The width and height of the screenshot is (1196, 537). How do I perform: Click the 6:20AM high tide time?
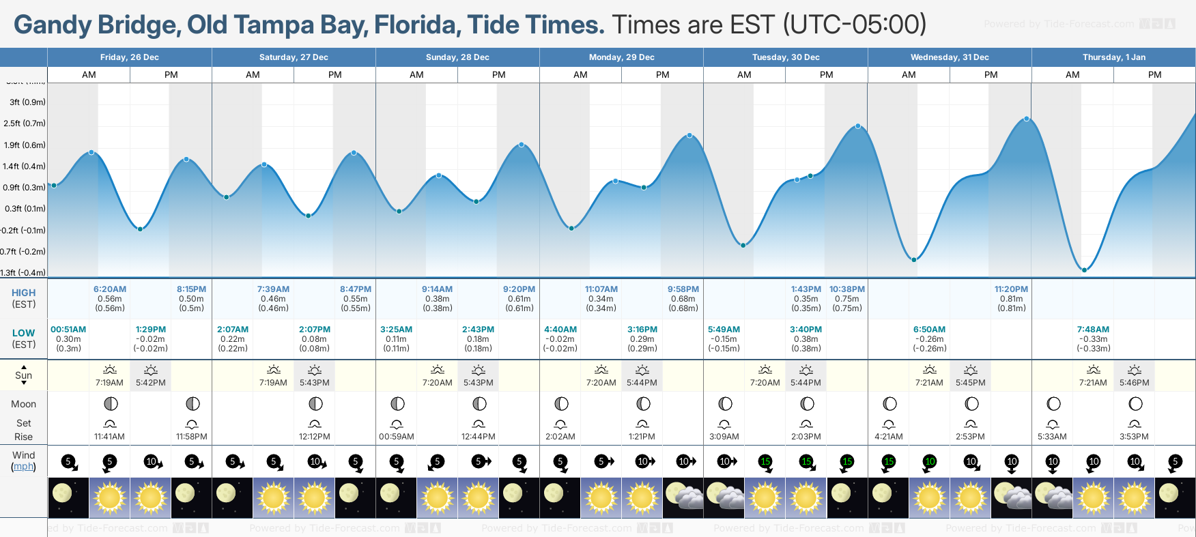(110, 289)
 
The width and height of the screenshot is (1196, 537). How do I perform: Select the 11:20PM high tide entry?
(1011, 289)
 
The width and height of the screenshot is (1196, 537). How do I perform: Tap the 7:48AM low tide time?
(1093, 330)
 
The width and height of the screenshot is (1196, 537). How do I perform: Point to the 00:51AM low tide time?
(68, 330)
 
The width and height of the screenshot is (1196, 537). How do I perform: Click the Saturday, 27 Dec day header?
(294, 57)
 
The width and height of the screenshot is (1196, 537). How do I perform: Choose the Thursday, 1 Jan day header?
(1113, 57)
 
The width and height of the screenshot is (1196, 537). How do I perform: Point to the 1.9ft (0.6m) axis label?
(25, 145)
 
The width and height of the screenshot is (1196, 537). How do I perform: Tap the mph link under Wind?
(23, 467)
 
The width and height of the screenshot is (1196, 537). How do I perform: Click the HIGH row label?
(23, 293)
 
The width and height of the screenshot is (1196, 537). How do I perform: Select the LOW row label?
(23, 333)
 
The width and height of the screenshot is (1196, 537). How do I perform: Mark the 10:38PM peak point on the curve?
(858, 126)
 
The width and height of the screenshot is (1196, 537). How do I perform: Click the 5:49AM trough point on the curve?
(743, 245)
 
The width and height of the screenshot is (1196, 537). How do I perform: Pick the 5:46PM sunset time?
(1134, 383)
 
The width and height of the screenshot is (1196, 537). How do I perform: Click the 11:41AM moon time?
(109, 437)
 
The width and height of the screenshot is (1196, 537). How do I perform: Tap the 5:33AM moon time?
(1052, 437)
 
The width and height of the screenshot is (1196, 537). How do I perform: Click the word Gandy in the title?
(53, 25)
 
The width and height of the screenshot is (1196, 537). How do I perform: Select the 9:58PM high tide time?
(683, 289)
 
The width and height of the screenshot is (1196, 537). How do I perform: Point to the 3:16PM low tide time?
(642, 330)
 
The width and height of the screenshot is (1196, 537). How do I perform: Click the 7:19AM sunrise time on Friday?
(109, 383)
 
